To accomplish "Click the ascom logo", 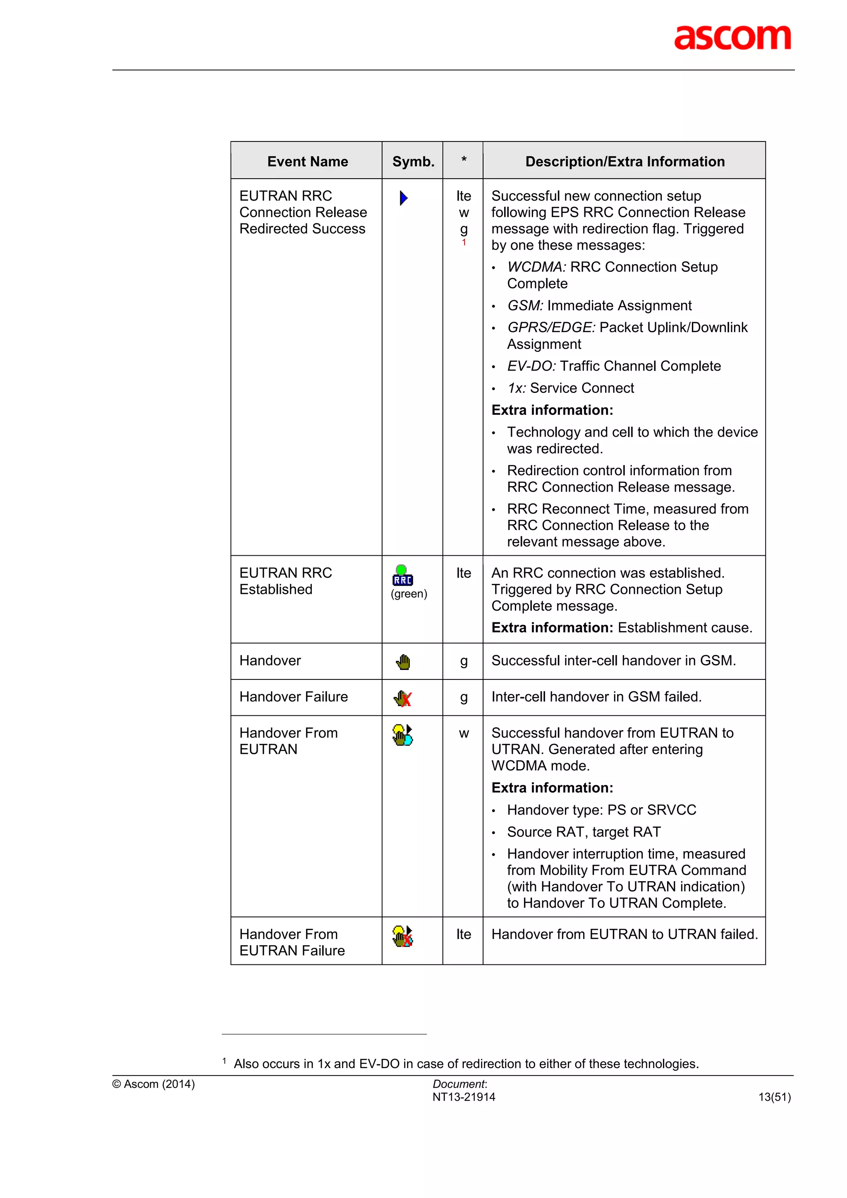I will tap(732, 38).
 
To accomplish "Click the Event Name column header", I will tap(307, 162).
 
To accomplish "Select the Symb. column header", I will tap(413, 162).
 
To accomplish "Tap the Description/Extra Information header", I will tap(624, 162).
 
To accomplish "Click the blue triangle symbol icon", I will tap(403, 198).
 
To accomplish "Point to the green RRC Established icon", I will tap(402, 576).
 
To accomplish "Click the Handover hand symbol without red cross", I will tap(403, 662).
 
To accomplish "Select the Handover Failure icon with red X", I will tap(403, 698).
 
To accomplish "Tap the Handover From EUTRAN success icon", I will tap(402, 735).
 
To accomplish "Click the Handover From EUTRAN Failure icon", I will tap(402, 936).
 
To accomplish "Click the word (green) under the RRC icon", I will tap(409, 594).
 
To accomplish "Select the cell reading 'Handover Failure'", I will tap(293, 697).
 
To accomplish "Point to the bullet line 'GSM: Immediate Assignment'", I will tap(599, 305).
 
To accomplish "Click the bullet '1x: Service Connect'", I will tap(570, 388).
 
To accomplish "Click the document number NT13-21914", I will tap(464, 1097).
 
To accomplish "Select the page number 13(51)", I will tap(774, 1097).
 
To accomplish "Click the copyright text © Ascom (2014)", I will tap(153, 1084).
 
